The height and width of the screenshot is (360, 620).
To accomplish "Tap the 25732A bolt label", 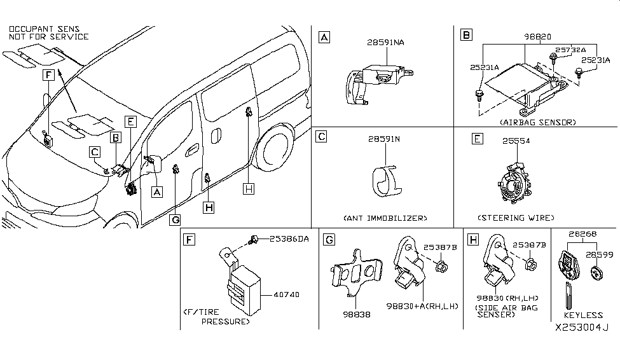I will point(570,49).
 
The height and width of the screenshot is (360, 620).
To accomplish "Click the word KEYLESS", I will point(582,315).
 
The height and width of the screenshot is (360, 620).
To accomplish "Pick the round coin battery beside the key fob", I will point(597,275).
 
